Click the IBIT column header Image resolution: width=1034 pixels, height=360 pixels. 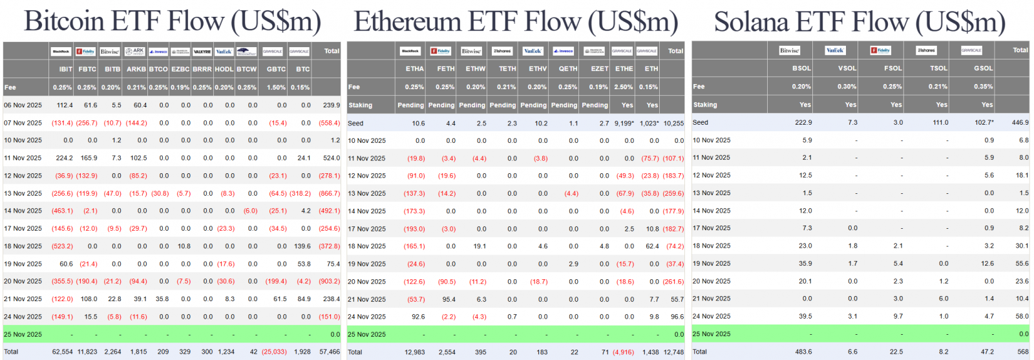point(65,69)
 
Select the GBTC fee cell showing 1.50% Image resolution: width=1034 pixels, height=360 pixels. point(276,87)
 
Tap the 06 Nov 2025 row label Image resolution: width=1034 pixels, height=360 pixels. point(23,105)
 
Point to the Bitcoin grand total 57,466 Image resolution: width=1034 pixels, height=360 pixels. point(330,352)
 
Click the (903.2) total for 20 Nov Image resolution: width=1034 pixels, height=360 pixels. point(329,282)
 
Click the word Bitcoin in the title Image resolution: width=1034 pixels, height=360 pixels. point(64,21)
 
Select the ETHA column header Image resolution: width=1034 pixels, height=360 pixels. point(414,69)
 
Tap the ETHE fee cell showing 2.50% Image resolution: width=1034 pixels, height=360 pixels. point(624,87)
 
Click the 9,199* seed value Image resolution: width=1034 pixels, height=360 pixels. point(624,123)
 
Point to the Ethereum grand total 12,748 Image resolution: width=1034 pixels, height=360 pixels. point(673,352)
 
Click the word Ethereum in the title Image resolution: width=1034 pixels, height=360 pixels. point(408,21)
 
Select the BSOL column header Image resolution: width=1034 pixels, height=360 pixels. point(801,69)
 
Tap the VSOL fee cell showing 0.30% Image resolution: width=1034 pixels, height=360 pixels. point(847,87)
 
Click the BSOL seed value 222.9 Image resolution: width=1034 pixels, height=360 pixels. point(803,123)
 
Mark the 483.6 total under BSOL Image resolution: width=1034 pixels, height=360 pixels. point(803,352)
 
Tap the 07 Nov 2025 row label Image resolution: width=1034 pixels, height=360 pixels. point(23,123)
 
